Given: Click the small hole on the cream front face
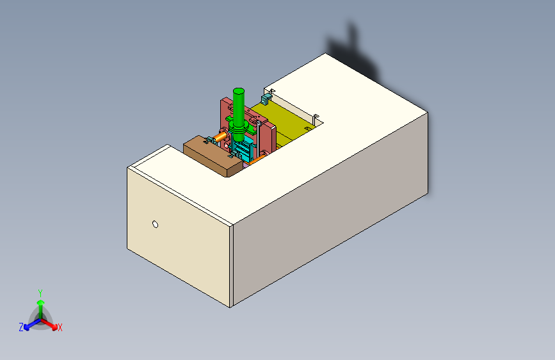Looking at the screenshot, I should point(155,224).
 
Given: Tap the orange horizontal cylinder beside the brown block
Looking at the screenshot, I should point(220,136).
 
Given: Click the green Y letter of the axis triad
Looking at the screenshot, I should point(40,291).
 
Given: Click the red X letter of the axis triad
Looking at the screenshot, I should point(60,328).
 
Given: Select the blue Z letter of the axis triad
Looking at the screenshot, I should point(21,327).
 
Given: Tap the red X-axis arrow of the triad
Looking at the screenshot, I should point(52,323).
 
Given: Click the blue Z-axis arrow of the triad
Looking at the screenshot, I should point(29,324).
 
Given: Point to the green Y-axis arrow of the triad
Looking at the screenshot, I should point(40,304).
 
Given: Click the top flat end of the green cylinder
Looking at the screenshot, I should point(239,90).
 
